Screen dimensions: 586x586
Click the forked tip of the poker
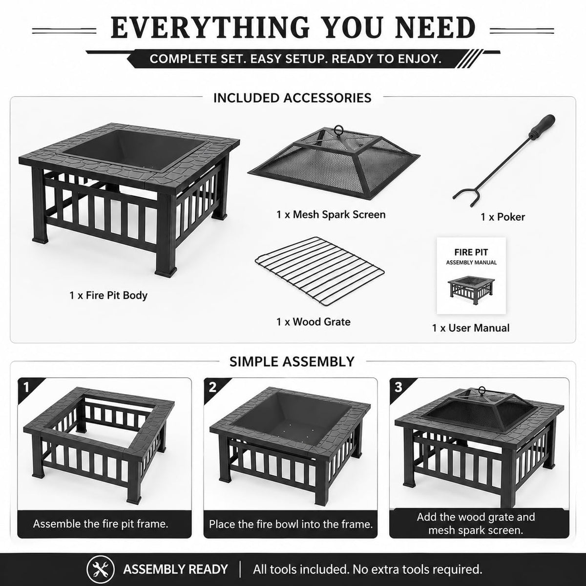pyautogui.click(x=464, y=197)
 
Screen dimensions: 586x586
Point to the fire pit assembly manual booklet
pyautogui.click(x=471, y=275)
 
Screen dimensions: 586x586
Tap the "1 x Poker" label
pyautogui.click(x=502, y=217)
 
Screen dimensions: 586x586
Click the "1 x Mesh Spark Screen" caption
pyautogui.click(x=331, y=215)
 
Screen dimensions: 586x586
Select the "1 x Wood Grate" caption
pyautogui.click(x=313, y=322)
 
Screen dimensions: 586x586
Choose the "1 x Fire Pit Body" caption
pyautogui.click(x=108, y=295)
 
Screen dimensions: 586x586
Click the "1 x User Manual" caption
pyautogui.click(x=471, y=328)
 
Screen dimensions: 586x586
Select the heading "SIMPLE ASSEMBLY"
pyautogui.click(x=292, y=362)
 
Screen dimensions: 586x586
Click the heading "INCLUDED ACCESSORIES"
pyautogui.click(x=292, y=98)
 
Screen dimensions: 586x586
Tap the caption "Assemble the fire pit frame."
pyautogui.click(x=101, y=523)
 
